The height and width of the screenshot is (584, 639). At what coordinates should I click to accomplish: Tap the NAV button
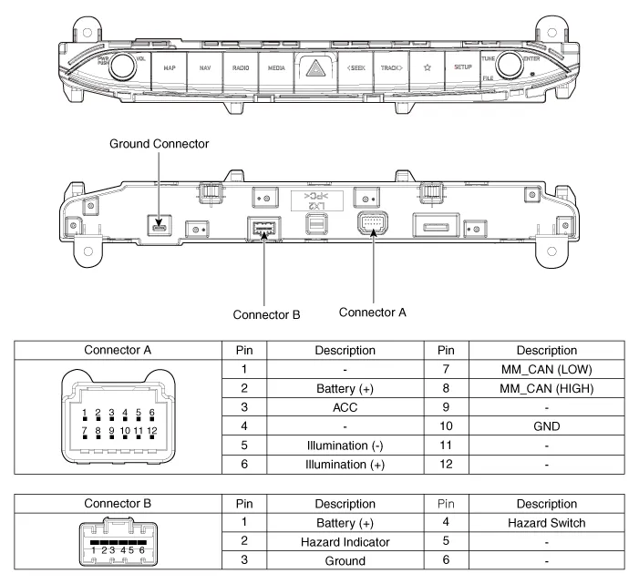click(x=205, y=67)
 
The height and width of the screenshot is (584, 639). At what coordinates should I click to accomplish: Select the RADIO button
click(x=241, y=67)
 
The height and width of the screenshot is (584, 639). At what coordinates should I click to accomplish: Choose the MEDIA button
click(x=276, y=67)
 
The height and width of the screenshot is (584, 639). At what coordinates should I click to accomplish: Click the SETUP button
click(x=461, y=67)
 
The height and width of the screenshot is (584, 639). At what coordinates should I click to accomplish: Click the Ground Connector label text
click(x=159, y=144)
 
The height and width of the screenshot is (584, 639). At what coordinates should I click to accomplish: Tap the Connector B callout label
click(x=266, y=315)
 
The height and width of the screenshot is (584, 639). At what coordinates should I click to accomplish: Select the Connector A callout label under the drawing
click(x=372, y=312)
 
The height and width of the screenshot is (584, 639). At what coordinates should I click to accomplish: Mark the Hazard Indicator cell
click(x=345, y=543)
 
